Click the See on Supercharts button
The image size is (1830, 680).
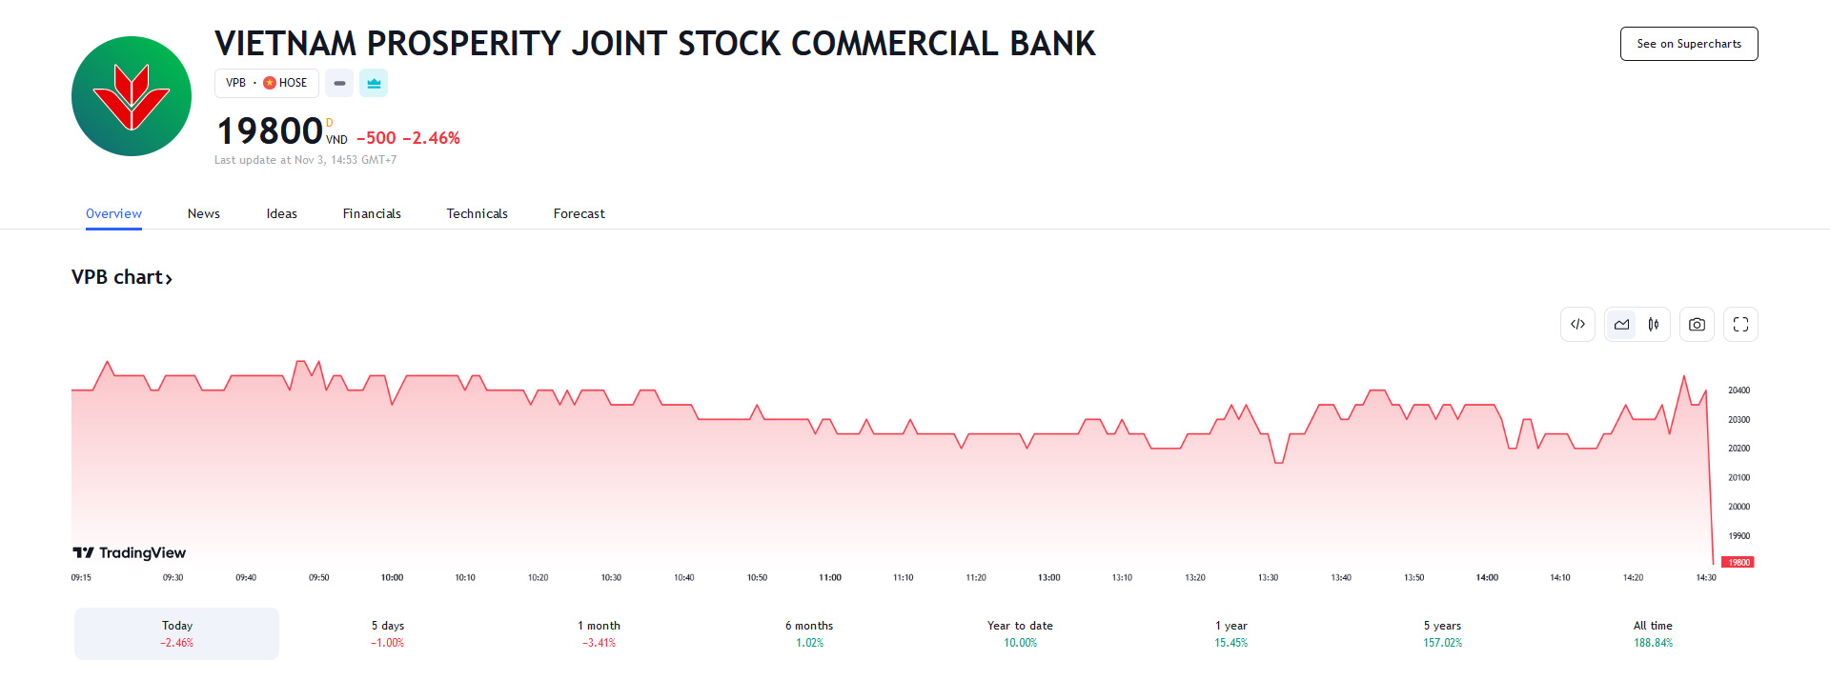(x=1688, y=44)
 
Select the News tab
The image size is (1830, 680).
(x=203, y=213)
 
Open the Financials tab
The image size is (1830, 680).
(x=372, y=213)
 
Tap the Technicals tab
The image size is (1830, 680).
(x=477, y=213)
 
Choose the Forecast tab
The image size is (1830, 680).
(x=579, y=213)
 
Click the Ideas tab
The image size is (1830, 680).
(x=281, y=213)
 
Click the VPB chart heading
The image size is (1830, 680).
(x=121, y=277)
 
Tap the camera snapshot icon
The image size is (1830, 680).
(x=1697, y=325)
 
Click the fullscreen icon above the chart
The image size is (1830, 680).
(x=1740, y=325)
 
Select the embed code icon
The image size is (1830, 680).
(x=1577, y=325)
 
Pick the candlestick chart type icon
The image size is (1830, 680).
(x=1654, y=325)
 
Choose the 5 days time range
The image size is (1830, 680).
(x=388, y=633)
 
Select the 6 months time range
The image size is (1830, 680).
(x=809, y=633)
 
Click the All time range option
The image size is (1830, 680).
(x=1653, y=633)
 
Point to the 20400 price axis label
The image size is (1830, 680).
(x=1738, y=390)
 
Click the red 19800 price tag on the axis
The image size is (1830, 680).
(x=1739, y=563)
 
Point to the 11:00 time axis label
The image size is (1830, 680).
(x=829, y=578)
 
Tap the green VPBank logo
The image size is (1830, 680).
(x=132, y=96)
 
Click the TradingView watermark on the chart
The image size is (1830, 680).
(x=130, y=553)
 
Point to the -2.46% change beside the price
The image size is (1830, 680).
(x=431, y=138)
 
